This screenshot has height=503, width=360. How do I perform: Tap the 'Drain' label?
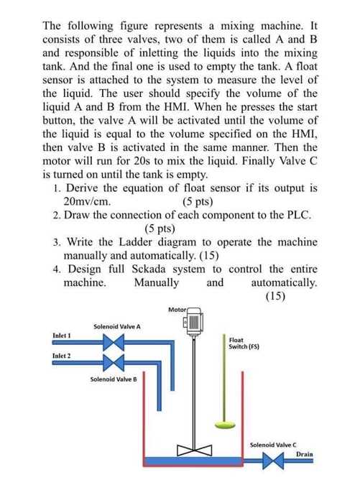(x=305, y=454)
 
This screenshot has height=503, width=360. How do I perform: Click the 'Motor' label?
(x=177, y=308)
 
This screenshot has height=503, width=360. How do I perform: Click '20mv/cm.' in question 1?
(x=88, y=201)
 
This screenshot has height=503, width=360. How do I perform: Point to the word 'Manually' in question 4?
(x=157, y=282)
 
